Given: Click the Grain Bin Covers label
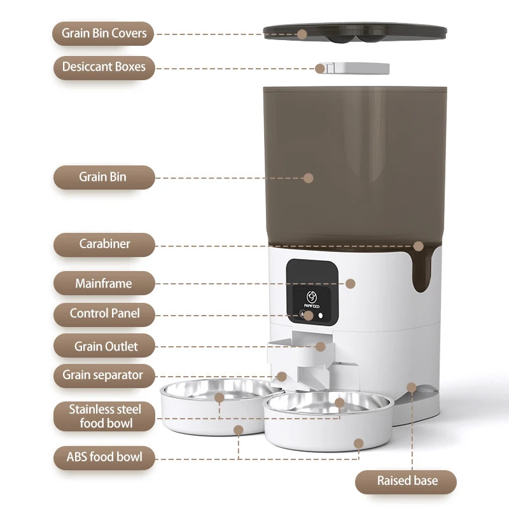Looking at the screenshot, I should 104,33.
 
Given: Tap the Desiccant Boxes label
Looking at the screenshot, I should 104,67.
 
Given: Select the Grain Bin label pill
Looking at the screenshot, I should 104,177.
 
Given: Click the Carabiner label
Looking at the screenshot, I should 104,244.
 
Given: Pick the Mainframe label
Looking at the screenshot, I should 104,283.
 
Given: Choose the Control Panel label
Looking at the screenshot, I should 104,314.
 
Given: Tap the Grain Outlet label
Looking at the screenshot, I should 104,346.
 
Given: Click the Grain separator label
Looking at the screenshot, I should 104,375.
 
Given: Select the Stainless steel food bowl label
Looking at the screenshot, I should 104,416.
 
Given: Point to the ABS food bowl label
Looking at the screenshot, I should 104,457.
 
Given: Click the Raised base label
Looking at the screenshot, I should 406,481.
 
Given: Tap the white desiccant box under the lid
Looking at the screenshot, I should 353,67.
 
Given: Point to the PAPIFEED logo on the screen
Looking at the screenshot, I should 311,300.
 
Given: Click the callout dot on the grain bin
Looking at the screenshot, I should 309,178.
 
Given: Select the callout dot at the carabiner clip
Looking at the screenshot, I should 418,246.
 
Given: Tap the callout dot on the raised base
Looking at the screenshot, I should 412,387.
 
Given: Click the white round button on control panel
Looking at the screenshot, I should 320,315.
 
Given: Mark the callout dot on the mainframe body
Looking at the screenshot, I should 350,284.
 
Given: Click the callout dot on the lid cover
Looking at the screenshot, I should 302,34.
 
